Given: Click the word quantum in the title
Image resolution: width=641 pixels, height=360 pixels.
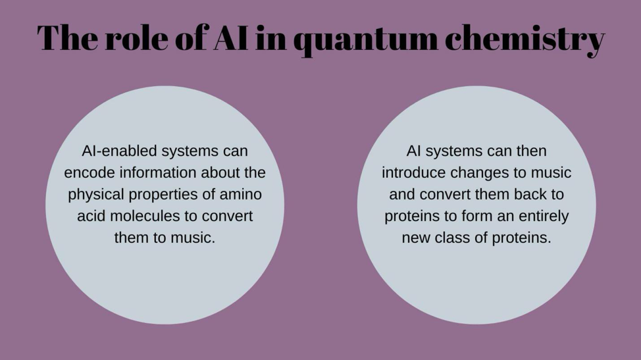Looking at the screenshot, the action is click(365, 39).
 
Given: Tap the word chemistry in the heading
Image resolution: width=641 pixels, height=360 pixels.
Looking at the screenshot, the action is click(525, 39).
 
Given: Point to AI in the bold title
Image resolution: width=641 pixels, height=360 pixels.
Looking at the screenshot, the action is click(230, 38).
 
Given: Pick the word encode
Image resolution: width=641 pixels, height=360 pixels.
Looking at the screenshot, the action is click(90, 172).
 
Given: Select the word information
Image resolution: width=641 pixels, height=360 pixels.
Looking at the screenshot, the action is click(158, 172).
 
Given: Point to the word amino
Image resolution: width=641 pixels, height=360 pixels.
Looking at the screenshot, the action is click(241, 194).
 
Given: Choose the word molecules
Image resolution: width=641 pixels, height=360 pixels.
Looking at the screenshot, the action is click(145, 216).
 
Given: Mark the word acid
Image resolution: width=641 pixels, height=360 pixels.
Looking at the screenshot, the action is click(91, 216).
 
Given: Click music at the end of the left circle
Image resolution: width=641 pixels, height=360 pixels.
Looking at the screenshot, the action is click(193, 238).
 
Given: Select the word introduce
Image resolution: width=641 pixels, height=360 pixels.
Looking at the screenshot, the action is click(414, 172).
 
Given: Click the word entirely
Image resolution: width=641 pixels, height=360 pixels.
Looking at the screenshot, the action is click(544, 216).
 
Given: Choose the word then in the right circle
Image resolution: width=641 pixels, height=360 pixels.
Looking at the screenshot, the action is click(532, 151).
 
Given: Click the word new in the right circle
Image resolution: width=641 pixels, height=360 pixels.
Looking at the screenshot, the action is click(416, 238).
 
